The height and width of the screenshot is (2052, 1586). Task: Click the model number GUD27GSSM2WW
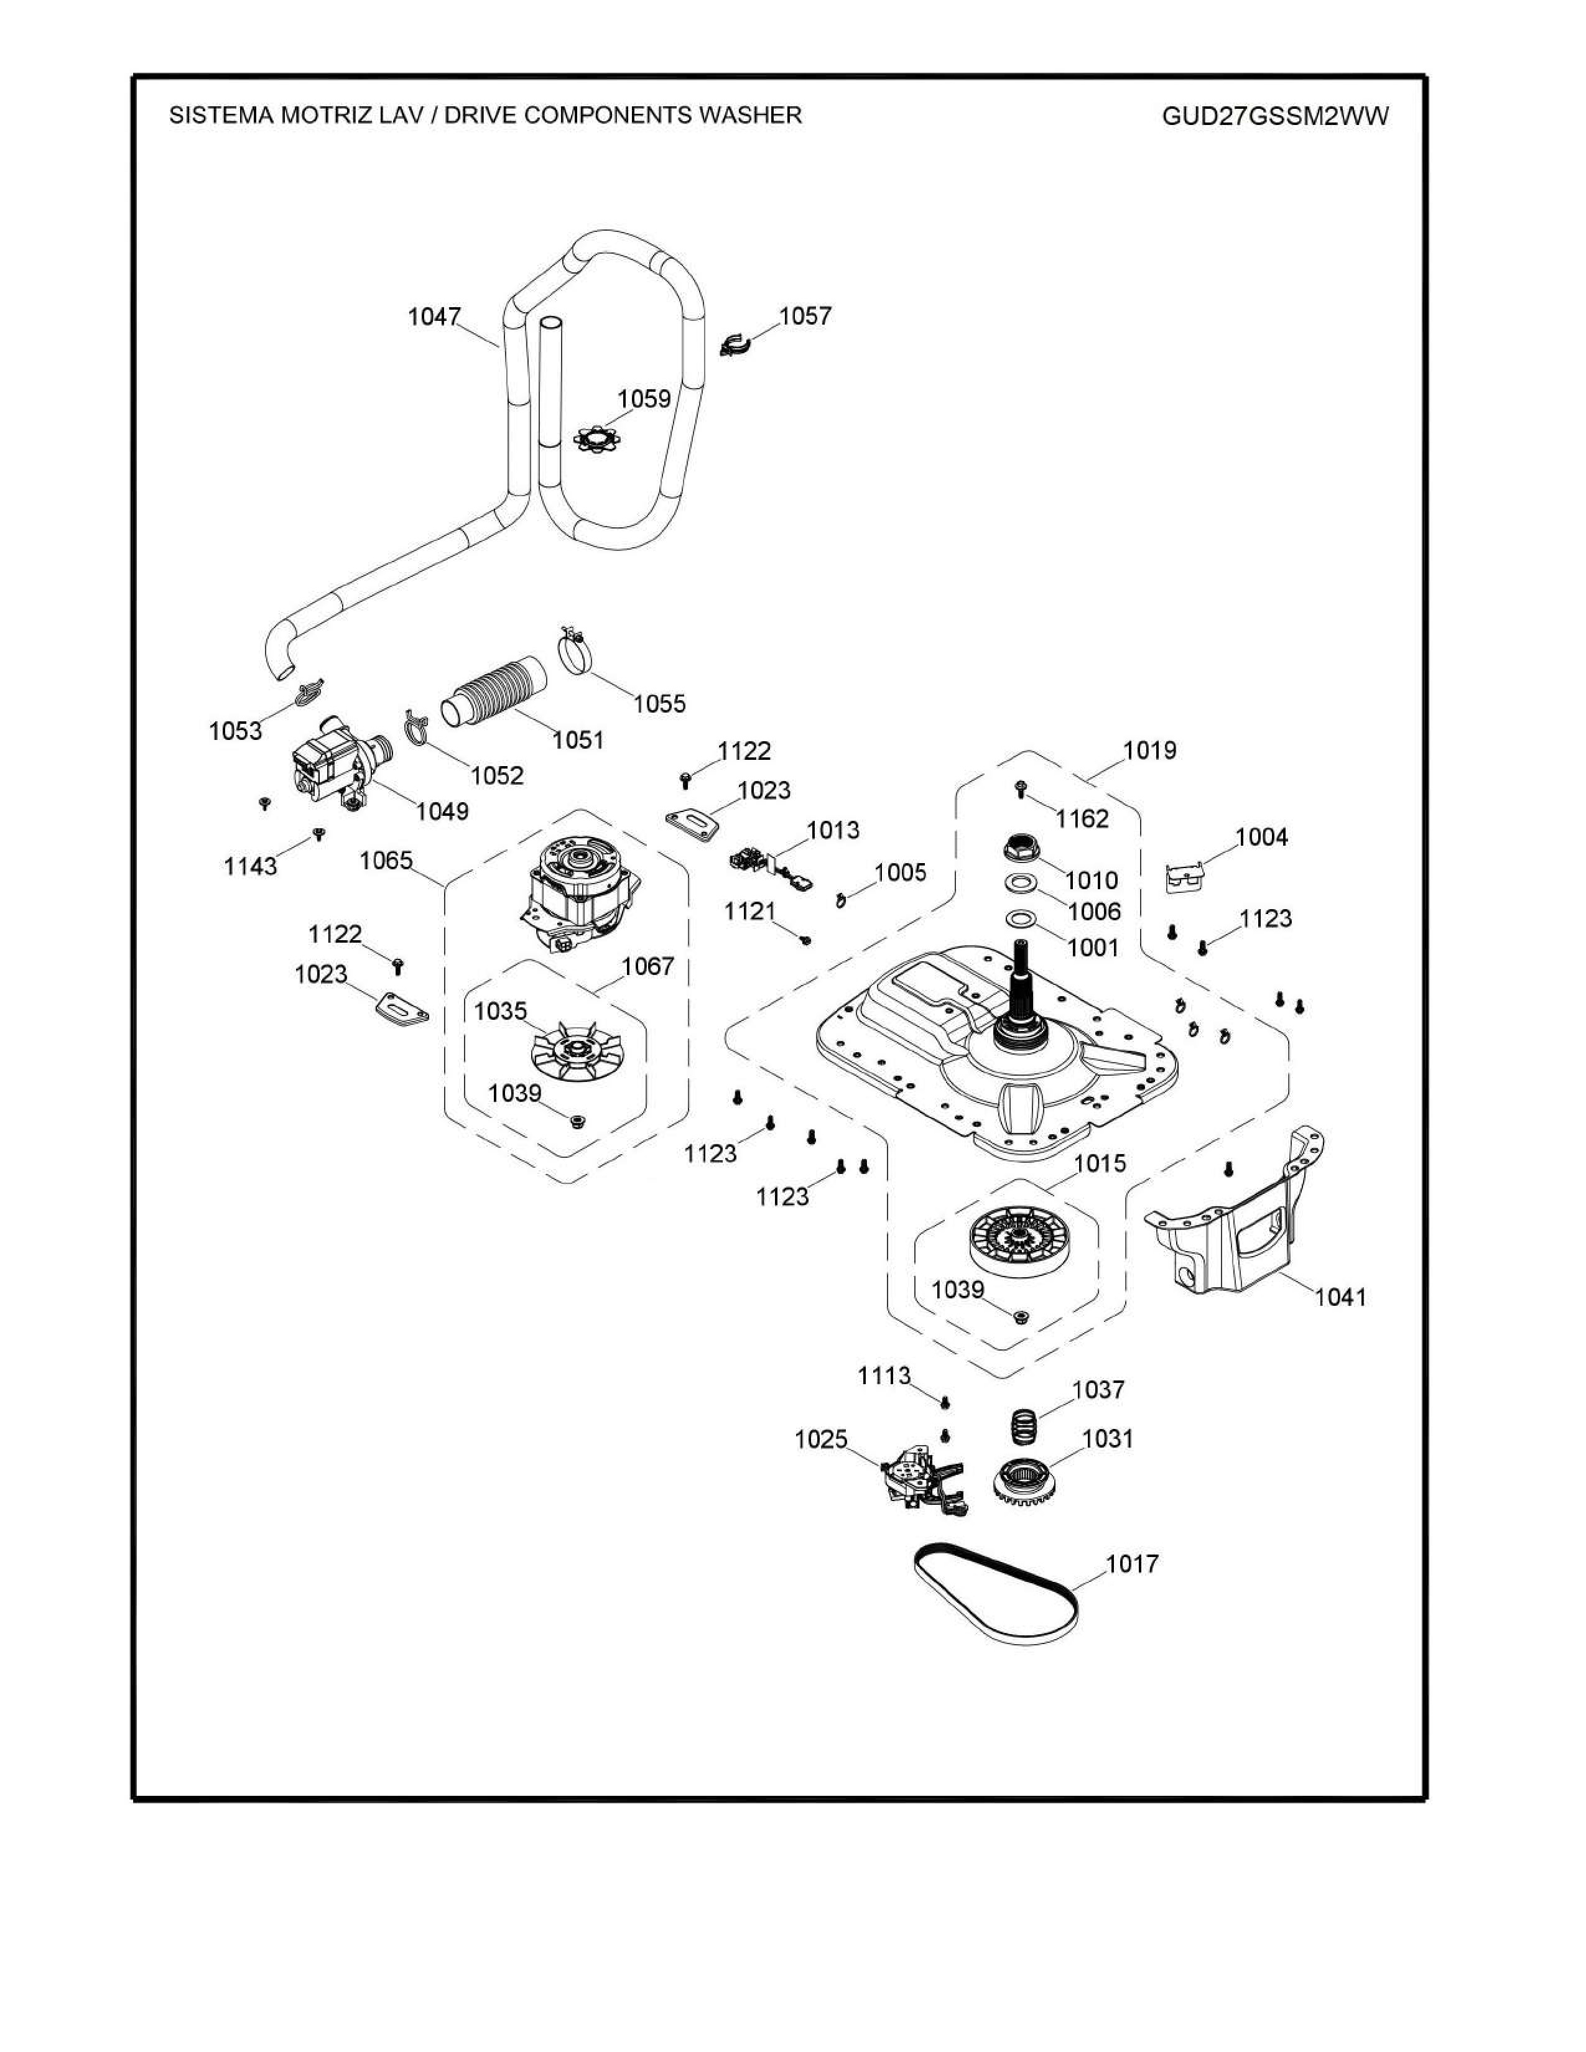click(x=1275, y=116)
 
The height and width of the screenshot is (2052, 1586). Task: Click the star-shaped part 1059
click(x=600, y=438)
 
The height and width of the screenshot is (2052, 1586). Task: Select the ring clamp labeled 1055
click(x=581, y=650)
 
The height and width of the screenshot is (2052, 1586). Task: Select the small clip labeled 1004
click(x=1185, y=877)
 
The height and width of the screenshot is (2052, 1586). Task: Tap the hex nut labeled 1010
click(x=1021, y=848)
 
